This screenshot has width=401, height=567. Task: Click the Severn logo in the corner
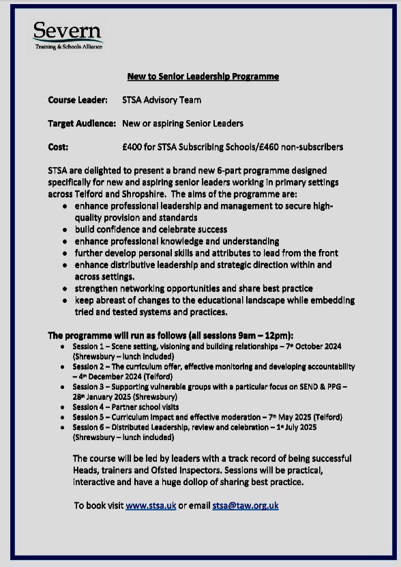(x=68, y=35)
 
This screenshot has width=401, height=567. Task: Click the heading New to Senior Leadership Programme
(x=200, y=76)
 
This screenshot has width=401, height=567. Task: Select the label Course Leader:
(x=77, y=100)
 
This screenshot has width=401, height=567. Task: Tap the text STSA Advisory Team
(x=161, y=100)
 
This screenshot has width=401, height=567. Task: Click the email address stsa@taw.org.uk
(x=244, y=506)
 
